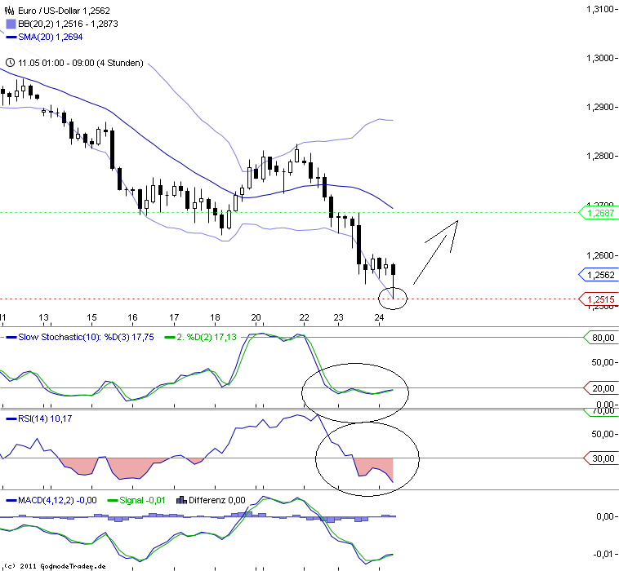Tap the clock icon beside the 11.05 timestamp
click(x=9, y=63)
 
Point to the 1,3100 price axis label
click(x=599, y=9)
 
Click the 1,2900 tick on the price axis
click(x=599, y=108)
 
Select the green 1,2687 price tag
click(x=599, y=212)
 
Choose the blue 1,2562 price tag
click(x=599, y=275)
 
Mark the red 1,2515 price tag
click(x=599, y=299)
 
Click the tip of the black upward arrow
click(x=457, y=221)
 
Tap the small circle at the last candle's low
click(x=394, y=298)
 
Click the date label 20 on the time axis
click(x=256, y=318)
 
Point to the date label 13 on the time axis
click(x=43, y=318)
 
